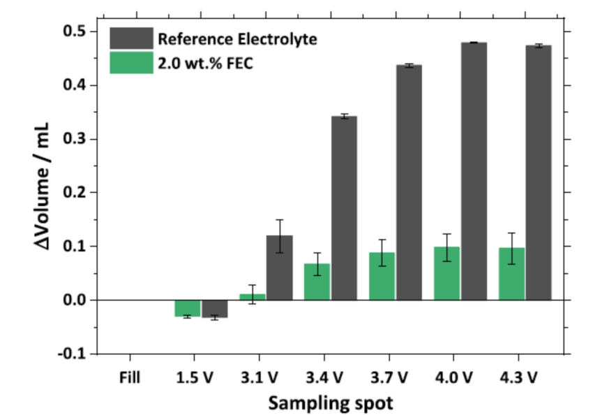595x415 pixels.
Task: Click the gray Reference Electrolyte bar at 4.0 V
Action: (x=473, y=171)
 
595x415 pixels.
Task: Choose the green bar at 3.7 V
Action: (x=382, y=276)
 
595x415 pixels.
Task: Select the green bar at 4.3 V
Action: (x=511, y=274)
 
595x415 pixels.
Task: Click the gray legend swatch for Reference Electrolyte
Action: (x=130, y=38)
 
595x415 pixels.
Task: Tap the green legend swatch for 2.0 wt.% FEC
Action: (x=130, y=63)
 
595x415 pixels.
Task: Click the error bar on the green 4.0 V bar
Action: (x=446, y=247)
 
